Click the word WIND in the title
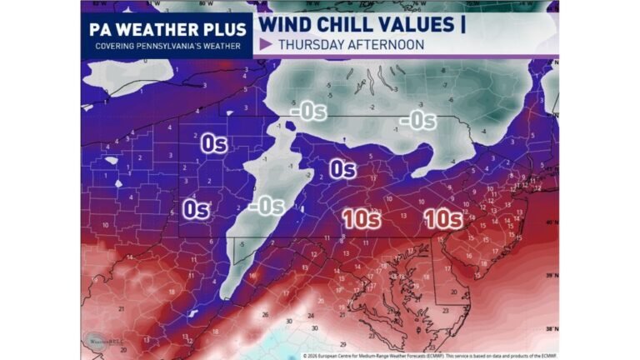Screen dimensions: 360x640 pyautogui.click(x=287, y=23)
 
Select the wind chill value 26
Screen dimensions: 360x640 pyautogui.click(x=265, y=315)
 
